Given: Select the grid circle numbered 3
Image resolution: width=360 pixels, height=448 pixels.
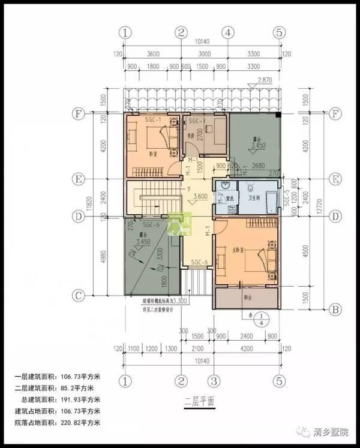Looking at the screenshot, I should tap(212, 380).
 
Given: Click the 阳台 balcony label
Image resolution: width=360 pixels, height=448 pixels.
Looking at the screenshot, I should tap(245, 297).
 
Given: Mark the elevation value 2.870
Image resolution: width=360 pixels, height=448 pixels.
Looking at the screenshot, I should tap(265, 80).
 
